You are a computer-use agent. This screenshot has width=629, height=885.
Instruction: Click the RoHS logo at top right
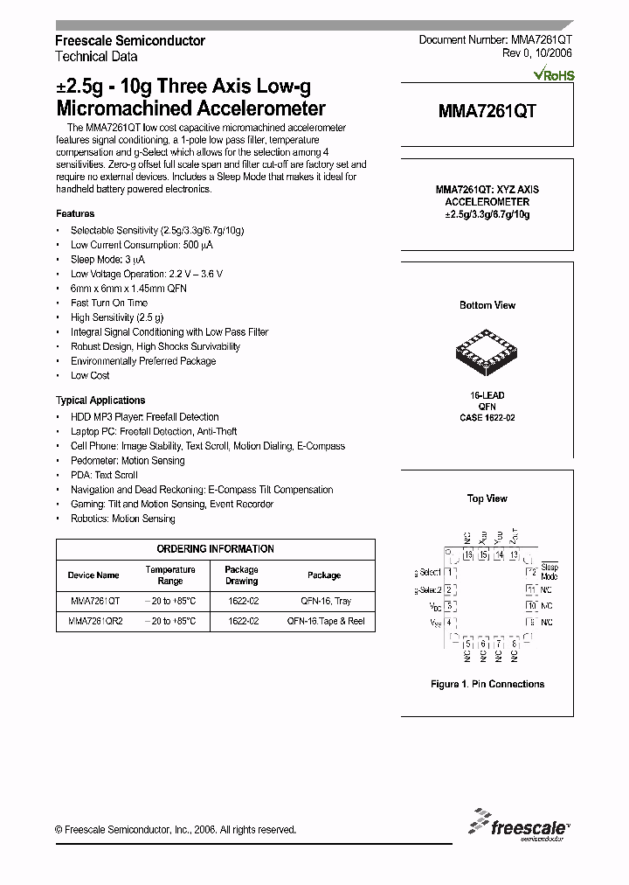pyautogui.click(x=553, y=75)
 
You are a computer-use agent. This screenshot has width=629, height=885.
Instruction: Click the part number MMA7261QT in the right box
pyautogui.click(x=487, y=111)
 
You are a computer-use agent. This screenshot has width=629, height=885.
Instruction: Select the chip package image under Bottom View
pyautogui.click(x=487, y=353)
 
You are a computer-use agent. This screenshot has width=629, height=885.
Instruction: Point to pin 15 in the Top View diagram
pyautogui.click(x=468, y=554)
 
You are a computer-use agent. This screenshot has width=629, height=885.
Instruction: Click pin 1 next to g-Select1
pyautogui.click(x=449, y=572)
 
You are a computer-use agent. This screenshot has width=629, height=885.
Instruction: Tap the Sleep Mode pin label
pyautogui.click(x=549, y=572)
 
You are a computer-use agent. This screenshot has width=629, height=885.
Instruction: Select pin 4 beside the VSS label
pyautogui.click(x=449, y=622)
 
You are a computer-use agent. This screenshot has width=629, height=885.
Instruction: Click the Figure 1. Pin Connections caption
pyautogui.click(x=487, y=684)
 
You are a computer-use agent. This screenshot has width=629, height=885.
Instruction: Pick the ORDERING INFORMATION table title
pyautogui.click(x=215, y=549)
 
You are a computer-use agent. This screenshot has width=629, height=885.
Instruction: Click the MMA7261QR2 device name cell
pyautogui.click(x=94, y=621)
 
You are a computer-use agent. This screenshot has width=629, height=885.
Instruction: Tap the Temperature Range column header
pyautogui.click(x=170, y=575)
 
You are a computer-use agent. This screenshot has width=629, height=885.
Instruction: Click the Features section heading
pyautogui.click(x=75, y=213)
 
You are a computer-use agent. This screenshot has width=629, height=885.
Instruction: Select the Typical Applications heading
pyautogui.click(x=100, y=401)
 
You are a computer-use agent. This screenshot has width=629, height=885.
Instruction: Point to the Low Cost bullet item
pyautogui.click(x=90, y=376)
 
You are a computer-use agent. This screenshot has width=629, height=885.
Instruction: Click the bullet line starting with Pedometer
pyautogui.click(x=128, y=461)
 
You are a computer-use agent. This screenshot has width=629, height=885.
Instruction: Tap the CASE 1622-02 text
pyautogui.click(x=487, y=418)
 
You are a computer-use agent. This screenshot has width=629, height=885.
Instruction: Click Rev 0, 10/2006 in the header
pyautogui.click(x=536, y=54)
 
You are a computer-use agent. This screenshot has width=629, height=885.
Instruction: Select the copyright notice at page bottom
pyautogui.click(x=176, y=830)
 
